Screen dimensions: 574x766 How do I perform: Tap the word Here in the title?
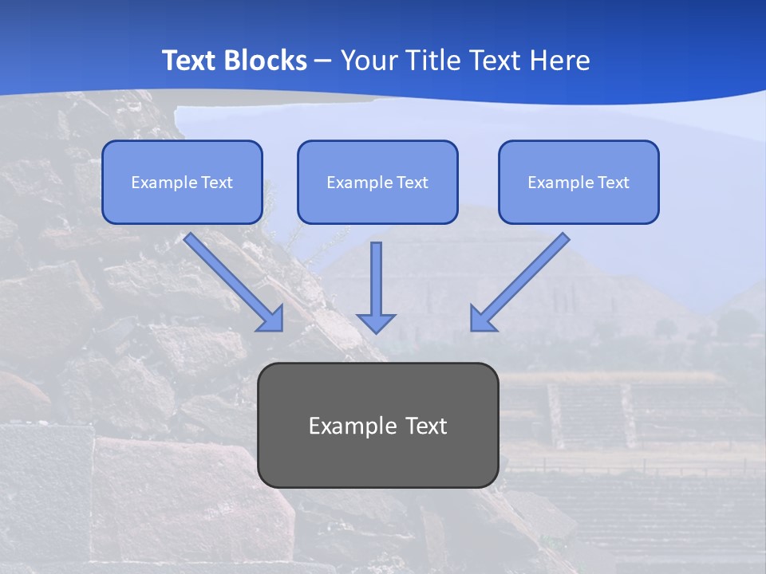[559, 61]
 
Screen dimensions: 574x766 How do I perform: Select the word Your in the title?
[366, 61]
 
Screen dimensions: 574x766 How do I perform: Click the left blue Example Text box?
[182, 183]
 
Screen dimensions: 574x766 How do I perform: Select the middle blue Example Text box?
[377, 183]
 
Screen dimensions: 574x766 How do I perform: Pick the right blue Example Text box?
[578, 183]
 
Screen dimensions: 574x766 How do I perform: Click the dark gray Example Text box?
[378, 426]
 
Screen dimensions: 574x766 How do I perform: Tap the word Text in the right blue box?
[613, 183]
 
